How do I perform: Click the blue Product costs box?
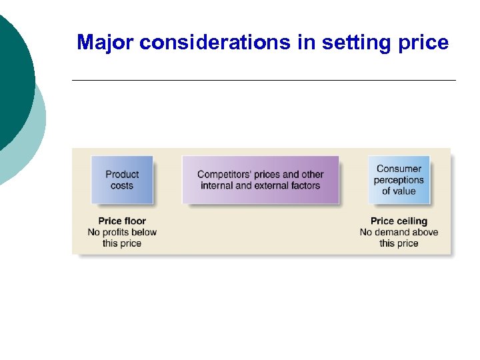pos(122,180)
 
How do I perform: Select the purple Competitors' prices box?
pos(260,180)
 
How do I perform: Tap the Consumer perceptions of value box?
pos(399,180)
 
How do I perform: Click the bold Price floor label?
pos(122,221)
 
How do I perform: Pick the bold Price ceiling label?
pos(399,221)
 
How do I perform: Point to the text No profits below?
pos(122,232)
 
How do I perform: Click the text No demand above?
pos(399,232)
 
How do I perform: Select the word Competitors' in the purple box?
pos(225,175)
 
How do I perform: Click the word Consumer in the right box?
pos(399,169)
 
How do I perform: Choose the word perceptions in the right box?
pos(399,180)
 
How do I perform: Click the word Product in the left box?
pos(122,175)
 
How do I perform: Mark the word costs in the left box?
pos(122,186)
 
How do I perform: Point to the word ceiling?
pos(412,221)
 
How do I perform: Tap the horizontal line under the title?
pos(263,80)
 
